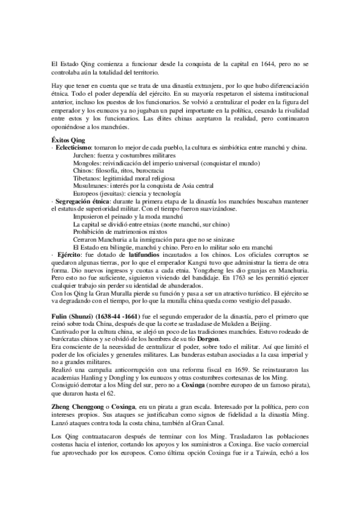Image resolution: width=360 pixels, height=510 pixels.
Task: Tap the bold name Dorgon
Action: click(x=225, y=340)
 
